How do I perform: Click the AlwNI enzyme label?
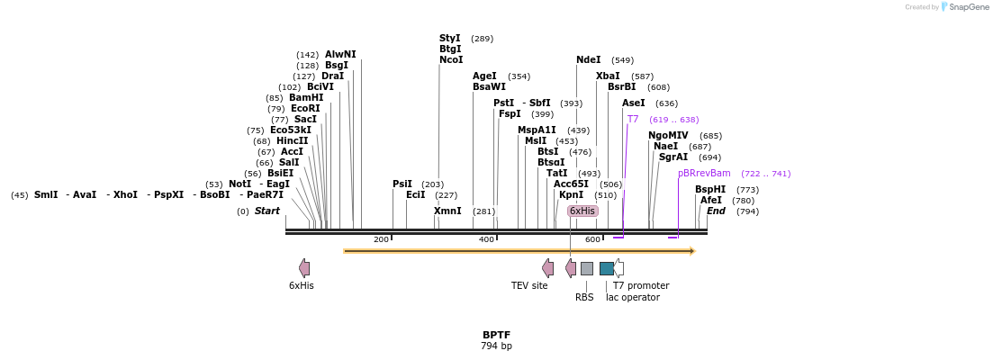[340, 54]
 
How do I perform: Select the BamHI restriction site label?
[306, 97]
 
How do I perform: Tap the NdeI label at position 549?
[588, 59]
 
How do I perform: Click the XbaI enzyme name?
[608, 76]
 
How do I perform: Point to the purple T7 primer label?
[633, 119]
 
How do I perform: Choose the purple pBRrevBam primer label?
[704, 173]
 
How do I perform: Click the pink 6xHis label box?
[582, 211]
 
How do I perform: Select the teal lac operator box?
[607, 268]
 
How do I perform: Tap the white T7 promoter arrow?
[618, 268]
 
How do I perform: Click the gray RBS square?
[586, 268]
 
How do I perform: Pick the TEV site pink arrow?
[547, 268]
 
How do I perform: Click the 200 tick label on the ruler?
[381, 239]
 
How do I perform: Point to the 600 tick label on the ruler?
[592, 239]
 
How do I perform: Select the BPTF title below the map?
[496, 335]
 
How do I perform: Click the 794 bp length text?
[496, 346]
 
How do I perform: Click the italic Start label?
[266, 211]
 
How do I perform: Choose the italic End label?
[716, 211]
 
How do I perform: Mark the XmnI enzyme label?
[447, 211]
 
